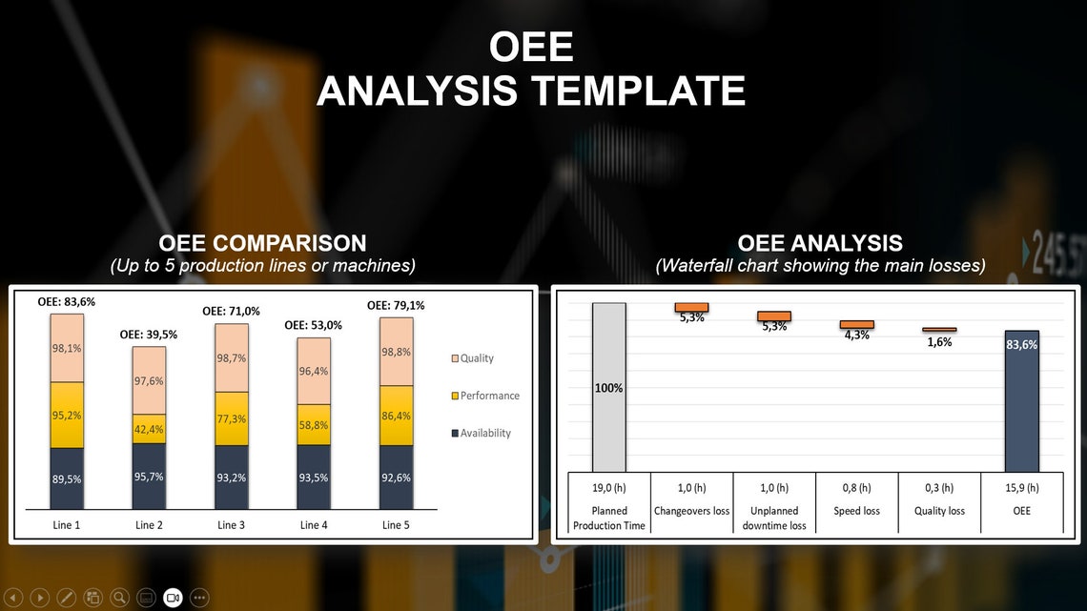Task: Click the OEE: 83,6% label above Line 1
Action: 67,302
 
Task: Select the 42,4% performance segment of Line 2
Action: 149,429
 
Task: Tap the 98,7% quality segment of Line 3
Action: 231,358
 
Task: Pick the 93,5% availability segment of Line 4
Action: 314,477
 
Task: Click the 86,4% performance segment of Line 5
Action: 396,416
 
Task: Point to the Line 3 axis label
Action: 231,525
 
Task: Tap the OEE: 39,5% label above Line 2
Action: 149,335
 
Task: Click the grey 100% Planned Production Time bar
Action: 609,387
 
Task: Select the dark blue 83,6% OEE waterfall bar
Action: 1021,400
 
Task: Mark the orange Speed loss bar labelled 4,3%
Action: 856,324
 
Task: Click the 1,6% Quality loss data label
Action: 939,342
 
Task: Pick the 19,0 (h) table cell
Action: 609,488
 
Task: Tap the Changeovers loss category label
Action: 691,511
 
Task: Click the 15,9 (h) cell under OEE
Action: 1021,488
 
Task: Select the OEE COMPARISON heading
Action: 262,243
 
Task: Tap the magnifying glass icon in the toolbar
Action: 119,598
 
